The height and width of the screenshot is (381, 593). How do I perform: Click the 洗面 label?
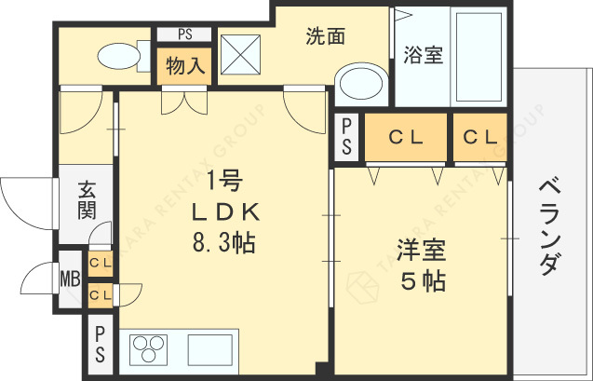[x=326, y=36]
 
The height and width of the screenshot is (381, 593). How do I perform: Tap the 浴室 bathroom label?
[x=423, y=55]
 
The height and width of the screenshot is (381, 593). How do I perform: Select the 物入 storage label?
[x=185, y=66]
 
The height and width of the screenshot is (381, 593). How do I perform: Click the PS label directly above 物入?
[x=185, y=35]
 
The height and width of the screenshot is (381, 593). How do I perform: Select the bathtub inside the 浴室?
[x=478, y=58]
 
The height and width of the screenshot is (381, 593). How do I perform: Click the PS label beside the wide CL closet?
[x=346, y=136]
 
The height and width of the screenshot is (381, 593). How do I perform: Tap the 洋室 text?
[x=421, y=252]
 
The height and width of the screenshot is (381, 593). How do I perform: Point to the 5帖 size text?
[x=421, y=280]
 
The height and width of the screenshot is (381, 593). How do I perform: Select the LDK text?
[x=223, y=211]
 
